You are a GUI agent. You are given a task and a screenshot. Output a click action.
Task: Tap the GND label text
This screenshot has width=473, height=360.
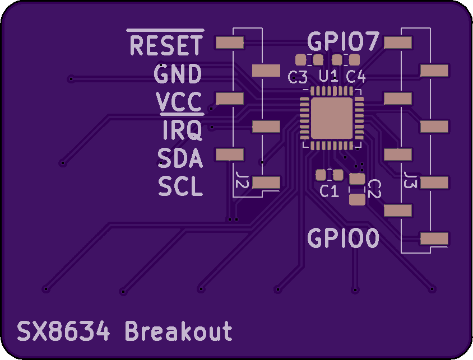click(178, 74)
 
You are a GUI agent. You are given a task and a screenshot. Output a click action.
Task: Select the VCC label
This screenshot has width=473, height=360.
click(179, 102)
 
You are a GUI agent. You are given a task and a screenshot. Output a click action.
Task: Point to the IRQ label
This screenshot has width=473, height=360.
click(182, 130)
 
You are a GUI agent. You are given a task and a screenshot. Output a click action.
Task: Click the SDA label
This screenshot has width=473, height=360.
click(180, 158)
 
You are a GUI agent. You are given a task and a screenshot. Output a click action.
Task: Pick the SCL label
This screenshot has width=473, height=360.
click(180, 186)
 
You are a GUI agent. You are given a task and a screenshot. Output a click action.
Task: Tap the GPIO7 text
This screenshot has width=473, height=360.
click(344, 41)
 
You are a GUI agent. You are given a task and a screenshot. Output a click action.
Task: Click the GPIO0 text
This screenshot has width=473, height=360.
click(344, 239)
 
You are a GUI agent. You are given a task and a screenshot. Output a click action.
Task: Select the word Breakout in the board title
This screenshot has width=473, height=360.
click(178, 331)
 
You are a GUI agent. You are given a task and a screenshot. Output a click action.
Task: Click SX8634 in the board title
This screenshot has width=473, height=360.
click(63, 331)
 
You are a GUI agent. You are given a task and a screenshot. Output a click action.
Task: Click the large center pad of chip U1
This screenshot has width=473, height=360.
click(331, 118)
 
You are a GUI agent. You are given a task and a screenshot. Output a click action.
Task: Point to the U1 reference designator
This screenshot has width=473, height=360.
click(328, 76)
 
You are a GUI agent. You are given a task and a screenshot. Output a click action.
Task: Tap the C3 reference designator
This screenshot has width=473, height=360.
click(298, 77)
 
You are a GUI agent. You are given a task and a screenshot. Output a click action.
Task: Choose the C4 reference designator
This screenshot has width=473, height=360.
click(356, 77)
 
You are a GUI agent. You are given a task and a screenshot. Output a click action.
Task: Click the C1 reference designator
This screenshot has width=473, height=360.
click(329, 191)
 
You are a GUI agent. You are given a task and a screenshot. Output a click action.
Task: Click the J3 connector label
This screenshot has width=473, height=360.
click(410, 180)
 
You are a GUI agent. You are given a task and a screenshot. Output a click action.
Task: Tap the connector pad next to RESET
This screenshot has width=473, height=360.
click(230, 43)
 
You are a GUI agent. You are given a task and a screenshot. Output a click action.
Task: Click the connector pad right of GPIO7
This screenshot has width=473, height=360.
click(398, 43)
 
